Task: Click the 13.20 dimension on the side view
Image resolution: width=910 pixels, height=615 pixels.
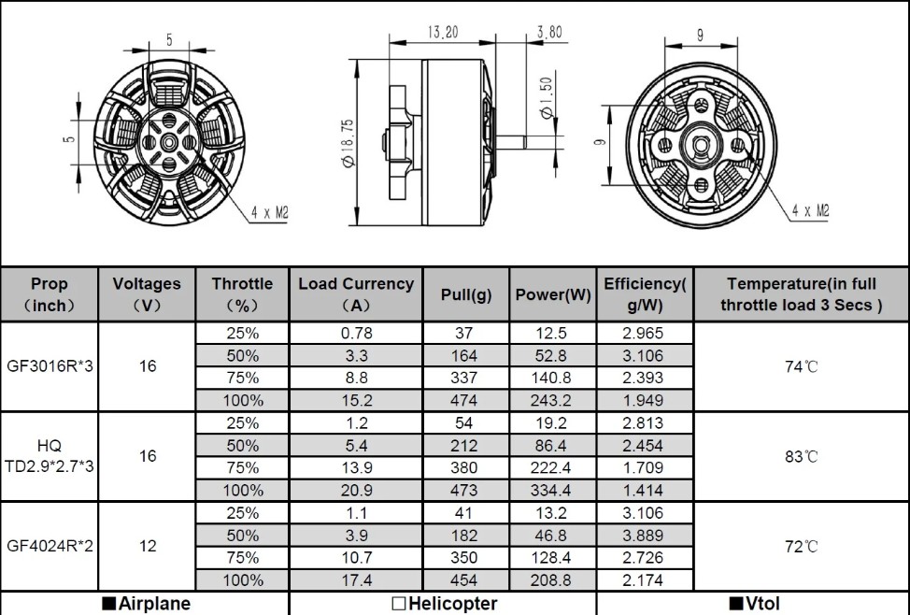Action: [442, 32]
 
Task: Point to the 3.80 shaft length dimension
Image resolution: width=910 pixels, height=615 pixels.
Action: [549, 32]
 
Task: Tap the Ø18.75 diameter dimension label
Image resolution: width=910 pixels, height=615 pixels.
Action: [348, 143]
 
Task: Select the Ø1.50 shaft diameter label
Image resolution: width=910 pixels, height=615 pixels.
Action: [547, 98]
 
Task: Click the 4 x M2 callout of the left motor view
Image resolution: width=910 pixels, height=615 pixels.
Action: [269, 213]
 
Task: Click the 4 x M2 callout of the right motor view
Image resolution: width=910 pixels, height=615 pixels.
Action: [810, 210]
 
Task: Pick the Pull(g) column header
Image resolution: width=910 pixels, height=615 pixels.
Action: [466, 294]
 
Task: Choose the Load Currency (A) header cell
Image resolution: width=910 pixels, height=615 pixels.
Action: [356, 294]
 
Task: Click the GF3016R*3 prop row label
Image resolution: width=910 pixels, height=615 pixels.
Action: [50, 366]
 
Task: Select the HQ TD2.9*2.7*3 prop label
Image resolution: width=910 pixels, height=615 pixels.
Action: [50, 456]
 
